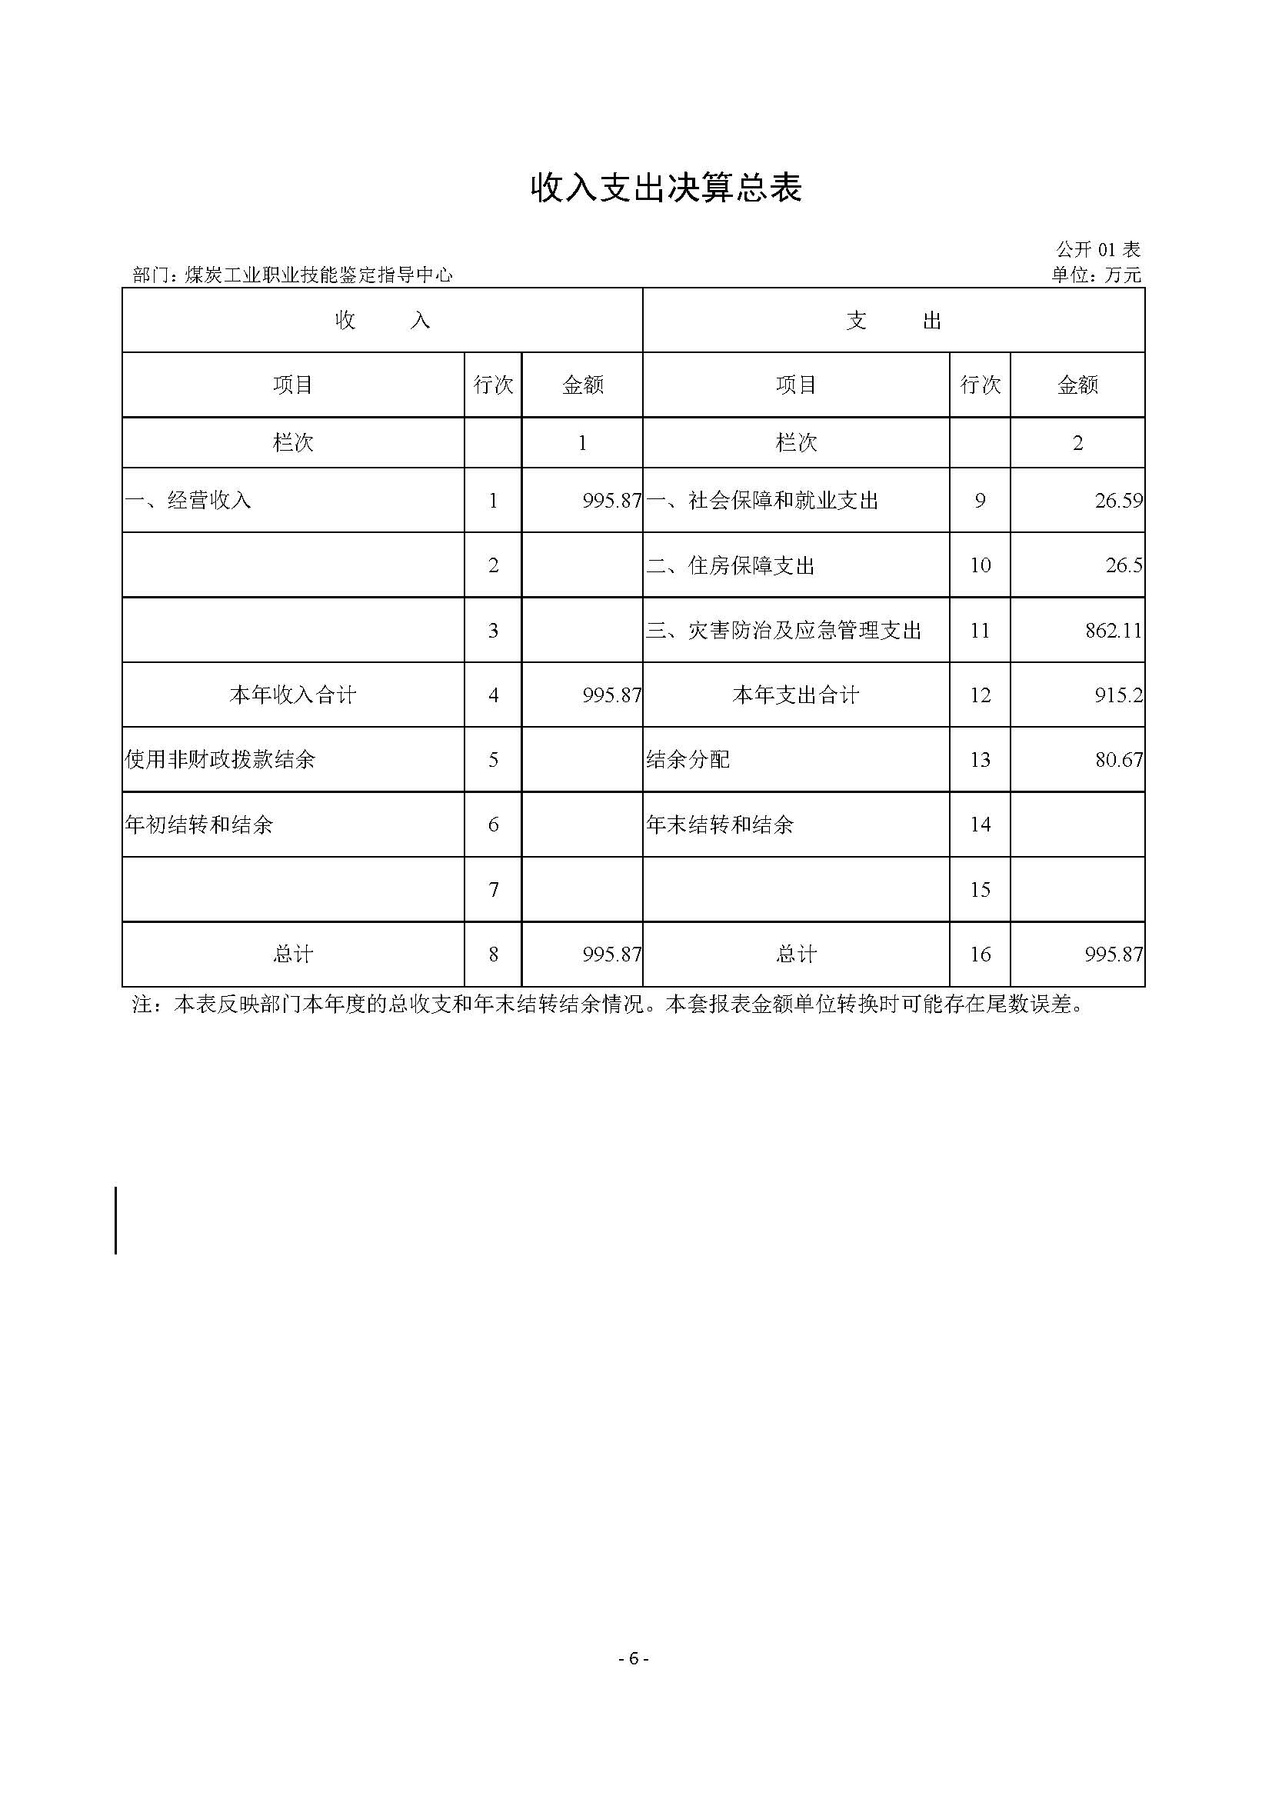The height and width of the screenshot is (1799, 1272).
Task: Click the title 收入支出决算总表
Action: pos(667,189)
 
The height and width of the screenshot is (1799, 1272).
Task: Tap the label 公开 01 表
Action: pos(1097,250)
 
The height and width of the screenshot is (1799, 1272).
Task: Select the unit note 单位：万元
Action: pos(1096,275)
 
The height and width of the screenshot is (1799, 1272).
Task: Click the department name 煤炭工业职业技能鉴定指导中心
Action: pos(318,275)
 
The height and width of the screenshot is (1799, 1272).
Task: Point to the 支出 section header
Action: pos(893,321)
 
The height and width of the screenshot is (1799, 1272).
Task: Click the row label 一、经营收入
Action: pos(188,501)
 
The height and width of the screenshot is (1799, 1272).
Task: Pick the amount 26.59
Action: pos(1118,501)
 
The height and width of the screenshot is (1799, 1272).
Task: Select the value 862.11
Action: pos(1113,630)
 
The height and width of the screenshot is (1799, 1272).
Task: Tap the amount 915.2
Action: pos(1118,695)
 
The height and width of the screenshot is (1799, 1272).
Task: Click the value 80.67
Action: pos(1118,759)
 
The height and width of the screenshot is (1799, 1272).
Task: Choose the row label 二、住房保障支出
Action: pos(730,566)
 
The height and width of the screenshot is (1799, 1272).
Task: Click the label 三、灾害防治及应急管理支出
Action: pos(783,630)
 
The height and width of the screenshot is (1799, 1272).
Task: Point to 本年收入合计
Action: pos(293,695)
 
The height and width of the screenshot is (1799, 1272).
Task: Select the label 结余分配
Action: pos(688,759)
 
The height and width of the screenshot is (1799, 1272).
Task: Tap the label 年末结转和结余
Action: pos(720,825)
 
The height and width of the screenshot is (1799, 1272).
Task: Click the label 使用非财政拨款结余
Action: pos(220,759)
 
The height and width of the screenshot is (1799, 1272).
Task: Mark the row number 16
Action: pos(980,954)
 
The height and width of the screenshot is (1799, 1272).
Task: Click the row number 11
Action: pos(980,630)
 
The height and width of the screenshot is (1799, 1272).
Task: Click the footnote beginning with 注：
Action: pos(608,1004)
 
